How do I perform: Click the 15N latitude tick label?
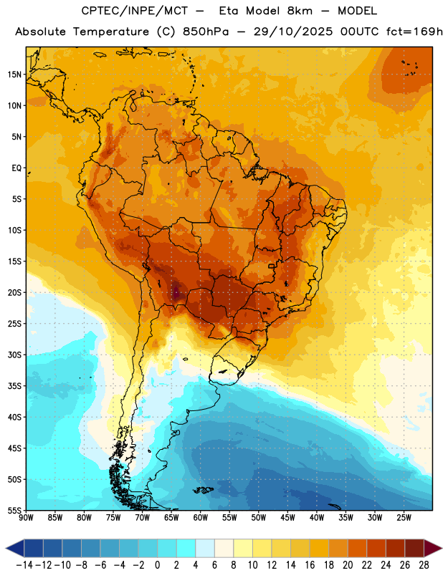tap(14, 74)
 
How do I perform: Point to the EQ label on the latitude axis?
tap(16, 168)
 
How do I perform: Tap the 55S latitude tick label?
tap(14, 510)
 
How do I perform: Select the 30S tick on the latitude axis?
tap(14, 355)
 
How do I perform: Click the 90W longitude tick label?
tap(26, 518)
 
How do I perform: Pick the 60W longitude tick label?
tap(201, 518)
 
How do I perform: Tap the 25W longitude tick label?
tap(404, 518)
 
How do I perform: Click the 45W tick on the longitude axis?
tap(288, 518)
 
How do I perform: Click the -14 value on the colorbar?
tap(25, 565)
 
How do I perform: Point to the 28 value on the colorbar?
tap(424, 565)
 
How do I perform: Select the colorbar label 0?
tap(157, 565)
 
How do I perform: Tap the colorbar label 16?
tap(310, 565)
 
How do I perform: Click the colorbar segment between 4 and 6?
tap(205, 548)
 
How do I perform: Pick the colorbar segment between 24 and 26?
tap(396, 548)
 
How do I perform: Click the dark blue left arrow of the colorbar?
tap(15, 548)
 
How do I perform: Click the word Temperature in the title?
tap(111, 32)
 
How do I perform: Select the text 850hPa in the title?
tap(206, 32)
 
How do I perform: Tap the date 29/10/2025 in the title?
tap(293, 32)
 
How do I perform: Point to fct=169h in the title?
tap(414, 32)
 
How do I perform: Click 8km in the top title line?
tap(300, 11)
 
